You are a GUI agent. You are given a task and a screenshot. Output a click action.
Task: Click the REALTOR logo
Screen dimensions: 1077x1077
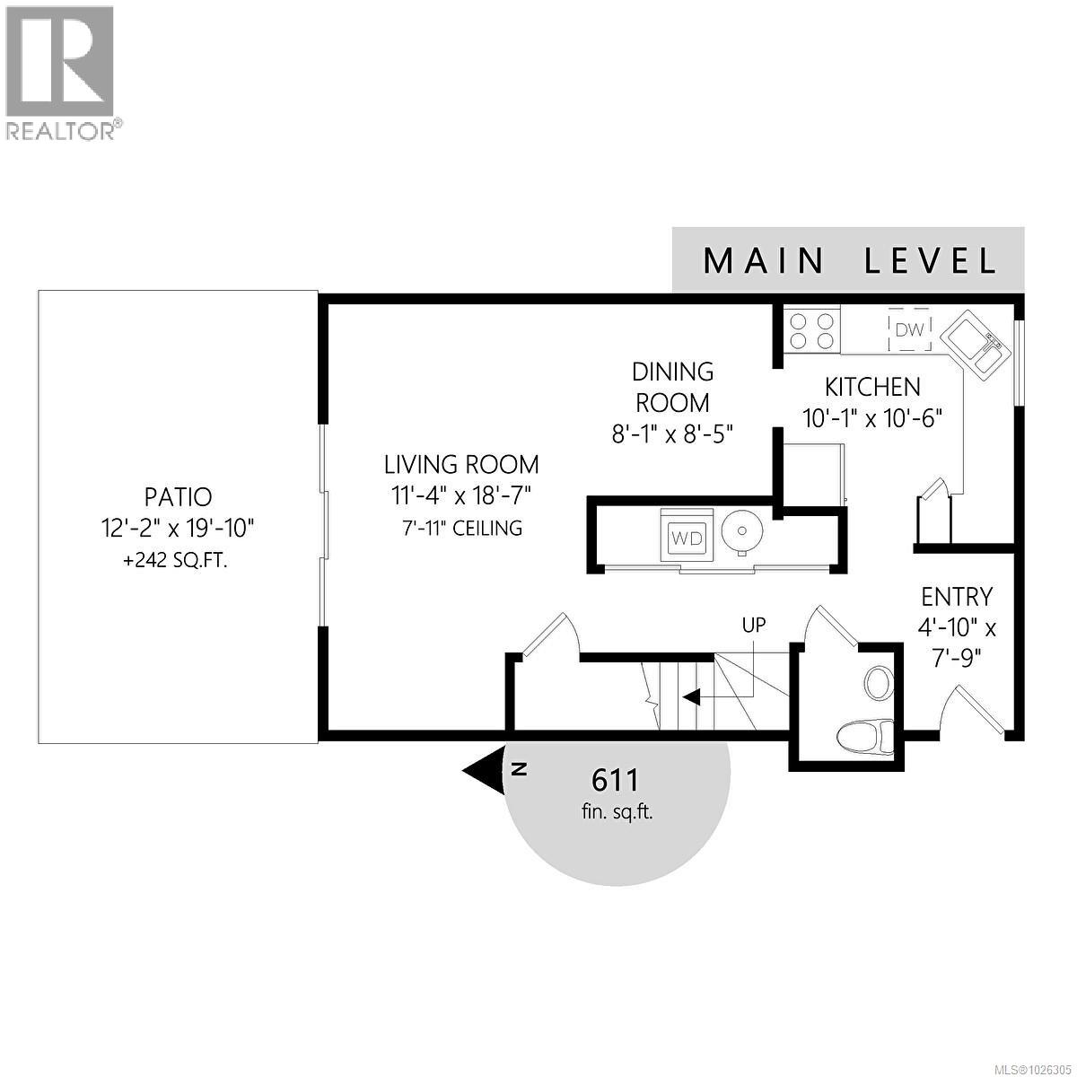coord(60,72)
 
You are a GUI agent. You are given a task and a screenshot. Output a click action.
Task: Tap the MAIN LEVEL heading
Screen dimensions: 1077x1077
coord(849,260)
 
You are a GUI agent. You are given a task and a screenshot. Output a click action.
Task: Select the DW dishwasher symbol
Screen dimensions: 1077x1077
coord(909,330)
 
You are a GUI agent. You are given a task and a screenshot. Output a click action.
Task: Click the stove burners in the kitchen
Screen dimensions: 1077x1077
coord(811,329)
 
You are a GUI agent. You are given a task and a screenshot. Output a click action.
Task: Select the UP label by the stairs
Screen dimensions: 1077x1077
coord(754,625)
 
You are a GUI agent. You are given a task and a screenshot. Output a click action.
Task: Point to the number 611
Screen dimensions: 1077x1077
coord(616,779)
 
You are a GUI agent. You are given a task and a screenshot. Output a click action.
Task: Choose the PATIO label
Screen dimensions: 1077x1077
coord(178,496)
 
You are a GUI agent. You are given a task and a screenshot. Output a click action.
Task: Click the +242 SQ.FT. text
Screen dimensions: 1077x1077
coord(175,561)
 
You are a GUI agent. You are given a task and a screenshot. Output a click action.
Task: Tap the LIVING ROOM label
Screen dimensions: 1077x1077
coord(461,465)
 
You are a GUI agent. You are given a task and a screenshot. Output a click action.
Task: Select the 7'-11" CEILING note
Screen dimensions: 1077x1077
coord(461,528)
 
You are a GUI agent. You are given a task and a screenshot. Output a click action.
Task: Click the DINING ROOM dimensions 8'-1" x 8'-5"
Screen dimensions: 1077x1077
coord(673,433)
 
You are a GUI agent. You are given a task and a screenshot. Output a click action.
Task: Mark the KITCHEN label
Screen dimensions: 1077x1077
coord(872,387)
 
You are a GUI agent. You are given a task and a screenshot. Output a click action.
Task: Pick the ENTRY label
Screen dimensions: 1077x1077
coord(957,597)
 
